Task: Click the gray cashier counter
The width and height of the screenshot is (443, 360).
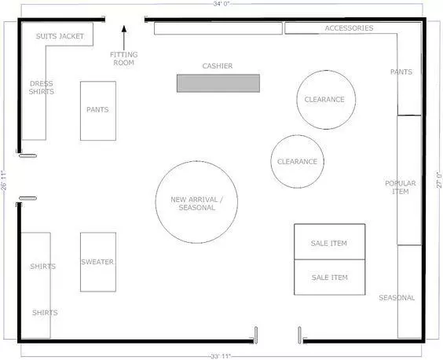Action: pos(218,83)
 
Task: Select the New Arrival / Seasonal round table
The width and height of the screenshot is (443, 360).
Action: pos(196,202)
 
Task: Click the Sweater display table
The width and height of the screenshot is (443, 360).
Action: pos(98,262)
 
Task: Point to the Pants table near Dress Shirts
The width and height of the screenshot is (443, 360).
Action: pos(98,110)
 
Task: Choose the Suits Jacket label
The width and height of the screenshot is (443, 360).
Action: pos(60,36)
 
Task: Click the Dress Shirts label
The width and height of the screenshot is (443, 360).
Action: pos(42,87)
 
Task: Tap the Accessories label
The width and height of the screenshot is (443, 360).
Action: pos(349,28)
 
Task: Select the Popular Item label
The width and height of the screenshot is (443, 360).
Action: pos(400,187)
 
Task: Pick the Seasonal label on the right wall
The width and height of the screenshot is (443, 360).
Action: pos(397,298)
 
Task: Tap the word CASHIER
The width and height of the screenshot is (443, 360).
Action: pos(218,66)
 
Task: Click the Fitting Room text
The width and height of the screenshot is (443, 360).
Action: pos(123,58)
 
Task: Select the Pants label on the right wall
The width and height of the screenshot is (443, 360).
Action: pos(401,72)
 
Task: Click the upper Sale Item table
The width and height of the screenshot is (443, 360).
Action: pos(329,242)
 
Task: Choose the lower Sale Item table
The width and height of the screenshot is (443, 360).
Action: pos(329,277)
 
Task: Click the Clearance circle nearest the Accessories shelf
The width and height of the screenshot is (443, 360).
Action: pos(325,100)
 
